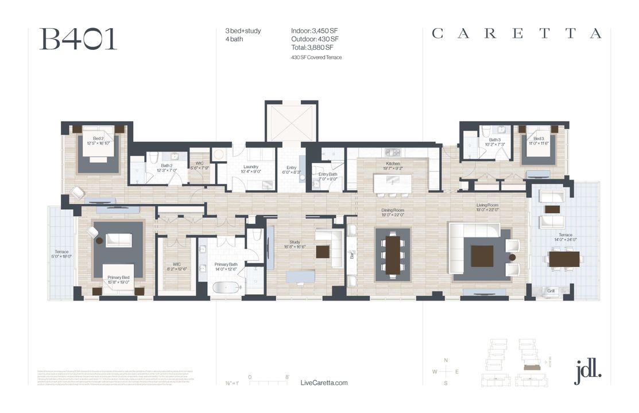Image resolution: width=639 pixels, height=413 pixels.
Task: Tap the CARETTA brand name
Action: pos(517,34)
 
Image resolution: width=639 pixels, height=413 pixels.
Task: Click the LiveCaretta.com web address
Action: pos(324,383)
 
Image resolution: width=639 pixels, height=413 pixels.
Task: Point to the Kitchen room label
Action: pos(392,163)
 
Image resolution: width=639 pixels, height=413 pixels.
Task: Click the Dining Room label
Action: pos(393,211)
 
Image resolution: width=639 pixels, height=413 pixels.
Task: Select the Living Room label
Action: pos(487,205)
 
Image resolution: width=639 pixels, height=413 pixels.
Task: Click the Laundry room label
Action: pos(250,167)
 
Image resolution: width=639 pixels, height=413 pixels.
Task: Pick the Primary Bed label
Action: pos(119,278)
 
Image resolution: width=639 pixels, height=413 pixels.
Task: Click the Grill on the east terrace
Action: pos(551,291)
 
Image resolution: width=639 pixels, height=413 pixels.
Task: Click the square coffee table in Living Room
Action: pos(482,256)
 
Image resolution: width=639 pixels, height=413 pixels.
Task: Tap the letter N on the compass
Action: pos(446,360)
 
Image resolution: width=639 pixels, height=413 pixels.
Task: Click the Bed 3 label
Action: pos(538,139)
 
